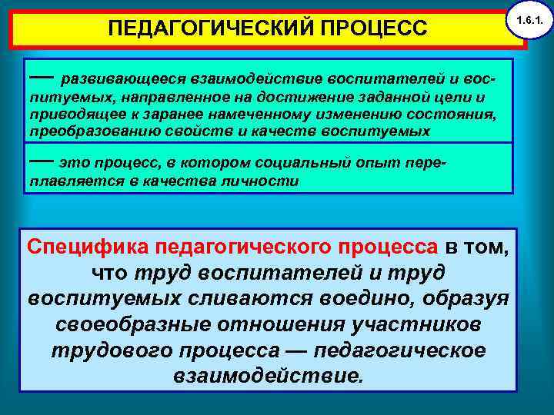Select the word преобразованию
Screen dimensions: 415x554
coord(83,131)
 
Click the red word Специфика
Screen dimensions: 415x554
coord(88,247)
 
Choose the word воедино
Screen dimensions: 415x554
coord(335,299)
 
